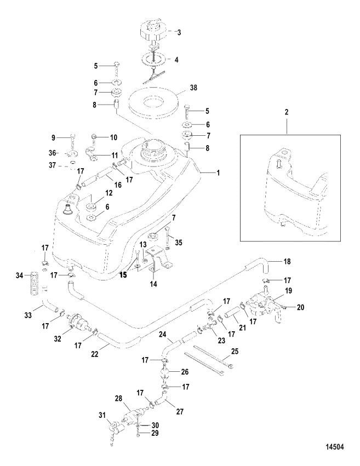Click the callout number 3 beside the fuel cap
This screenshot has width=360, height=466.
tap(179, 32)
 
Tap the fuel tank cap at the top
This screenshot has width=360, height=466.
tap(153, 31)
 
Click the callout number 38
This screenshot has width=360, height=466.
tap(193, 88)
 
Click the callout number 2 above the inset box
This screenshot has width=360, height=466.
tap(287, 112)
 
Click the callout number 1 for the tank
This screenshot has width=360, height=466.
tap(218, 172)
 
